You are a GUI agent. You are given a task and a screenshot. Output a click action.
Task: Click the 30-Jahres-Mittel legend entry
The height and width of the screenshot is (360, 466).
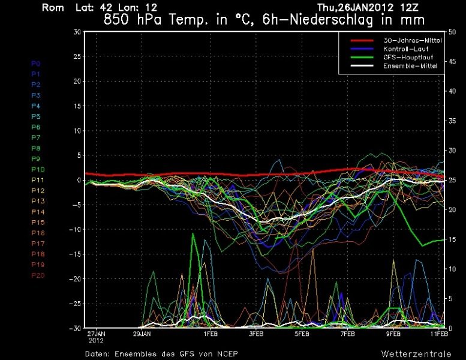(408, 40)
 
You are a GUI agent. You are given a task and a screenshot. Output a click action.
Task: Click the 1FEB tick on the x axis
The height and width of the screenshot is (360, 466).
(211, 333)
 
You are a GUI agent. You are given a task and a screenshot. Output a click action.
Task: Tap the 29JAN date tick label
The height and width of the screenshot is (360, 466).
(142, 333)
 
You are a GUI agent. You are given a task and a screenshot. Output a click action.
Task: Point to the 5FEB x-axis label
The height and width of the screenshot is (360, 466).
(302, 333)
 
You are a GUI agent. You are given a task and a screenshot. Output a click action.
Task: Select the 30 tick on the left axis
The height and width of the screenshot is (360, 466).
(77, 32)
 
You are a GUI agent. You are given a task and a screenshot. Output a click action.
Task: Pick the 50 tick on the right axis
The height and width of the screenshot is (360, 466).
(455, 32)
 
